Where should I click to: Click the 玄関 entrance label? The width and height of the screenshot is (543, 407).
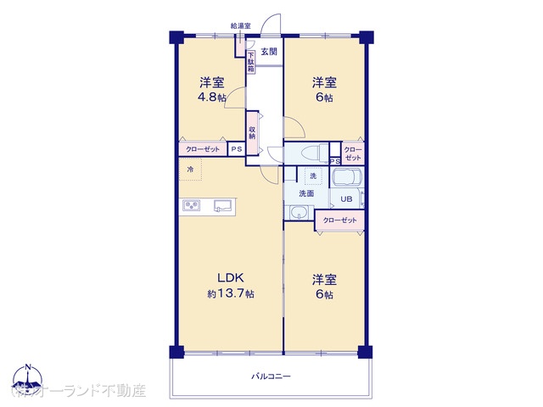[269, 53]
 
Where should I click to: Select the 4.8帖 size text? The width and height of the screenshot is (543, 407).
[212, 98]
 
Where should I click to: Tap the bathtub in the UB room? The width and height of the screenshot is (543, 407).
[347, 179]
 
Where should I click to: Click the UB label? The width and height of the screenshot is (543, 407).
[345, 199]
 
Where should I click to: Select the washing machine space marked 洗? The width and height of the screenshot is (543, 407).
[312, 176]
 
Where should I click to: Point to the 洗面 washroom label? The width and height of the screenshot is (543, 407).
[306, 193]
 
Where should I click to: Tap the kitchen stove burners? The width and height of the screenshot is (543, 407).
[190, 205]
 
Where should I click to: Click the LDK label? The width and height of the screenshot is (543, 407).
[231, 277]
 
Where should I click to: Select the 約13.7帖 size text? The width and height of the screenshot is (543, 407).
[231, 293]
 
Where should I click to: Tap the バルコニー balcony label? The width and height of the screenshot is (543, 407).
[271, 376]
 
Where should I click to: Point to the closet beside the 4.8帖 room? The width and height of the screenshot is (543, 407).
[202, 149]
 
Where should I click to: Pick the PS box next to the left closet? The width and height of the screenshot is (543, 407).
[237, 149]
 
